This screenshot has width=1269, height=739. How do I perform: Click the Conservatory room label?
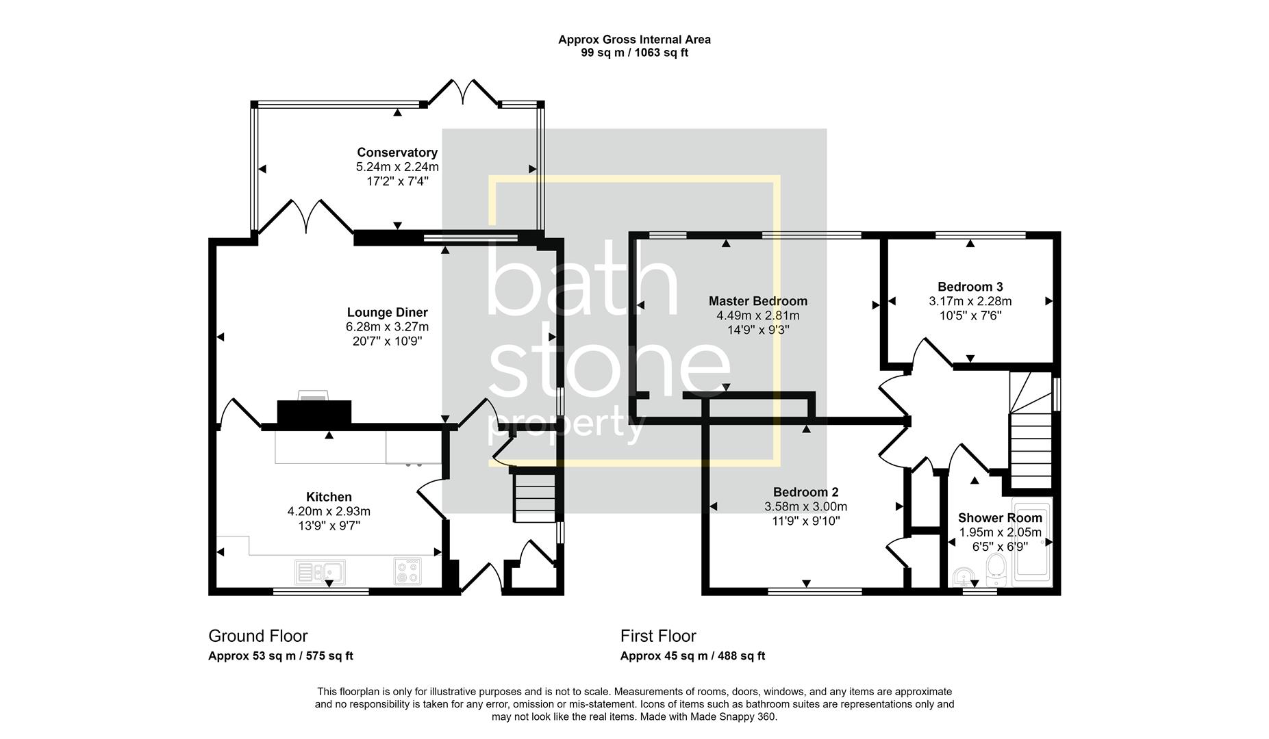(x=397, y=153)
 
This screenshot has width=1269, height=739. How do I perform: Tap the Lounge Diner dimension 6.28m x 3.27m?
(x=387, y=327)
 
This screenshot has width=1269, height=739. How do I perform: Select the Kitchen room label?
(x=329, y=497)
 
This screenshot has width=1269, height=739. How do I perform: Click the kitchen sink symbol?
(x=320, y=571)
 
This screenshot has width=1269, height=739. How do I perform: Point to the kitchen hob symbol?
(x=408, y=571)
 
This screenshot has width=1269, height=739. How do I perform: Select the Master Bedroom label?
(x=757, y=301)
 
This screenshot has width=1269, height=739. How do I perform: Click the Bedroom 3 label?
(x=970, y=287)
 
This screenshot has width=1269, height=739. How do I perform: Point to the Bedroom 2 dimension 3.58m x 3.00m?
(x=805, y=507)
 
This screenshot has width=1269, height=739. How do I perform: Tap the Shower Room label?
(x=999, y=518)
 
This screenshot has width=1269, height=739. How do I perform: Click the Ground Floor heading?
(x=258, y=636)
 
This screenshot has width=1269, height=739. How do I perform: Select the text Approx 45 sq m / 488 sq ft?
(x=692, y=656)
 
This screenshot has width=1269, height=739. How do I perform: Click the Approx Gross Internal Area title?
(x=634, y=40)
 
